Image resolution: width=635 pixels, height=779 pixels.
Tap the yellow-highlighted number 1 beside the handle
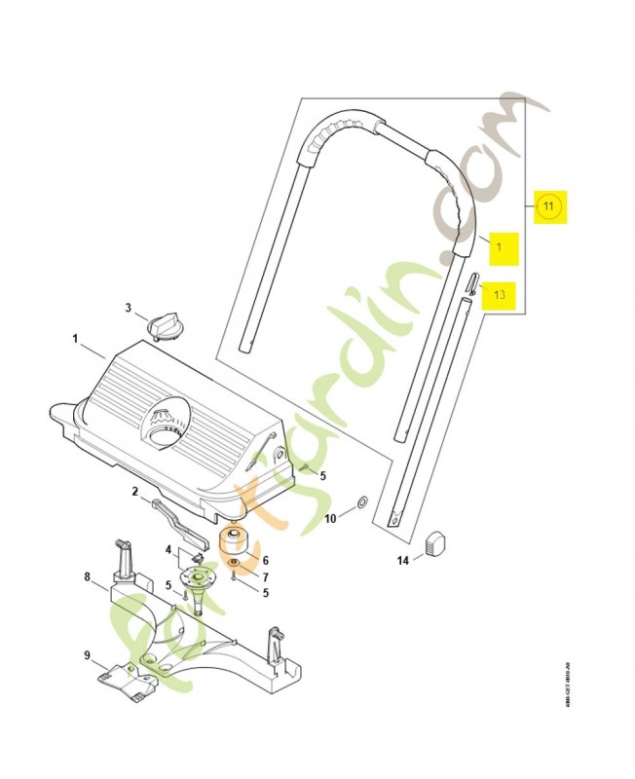point(499,248)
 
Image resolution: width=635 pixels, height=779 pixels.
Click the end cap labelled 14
point(436,540)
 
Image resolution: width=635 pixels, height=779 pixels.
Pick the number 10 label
point(330,519)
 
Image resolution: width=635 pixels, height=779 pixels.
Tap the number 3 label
point(128,309)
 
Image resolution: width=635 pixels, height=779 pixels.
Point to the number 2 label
point(135,493)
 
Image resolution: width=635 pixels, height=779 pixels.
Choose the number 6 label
point(265,561)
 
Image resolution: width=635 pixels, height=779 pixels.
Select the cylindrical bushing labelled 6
point(234,540)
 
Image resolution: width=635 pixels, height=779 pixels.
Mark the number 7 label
point(265,576)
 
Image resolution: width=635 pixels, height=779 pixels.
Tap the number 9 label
point(87,654)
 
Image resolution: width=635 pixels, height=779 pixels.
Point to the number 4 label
point(168,550)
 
